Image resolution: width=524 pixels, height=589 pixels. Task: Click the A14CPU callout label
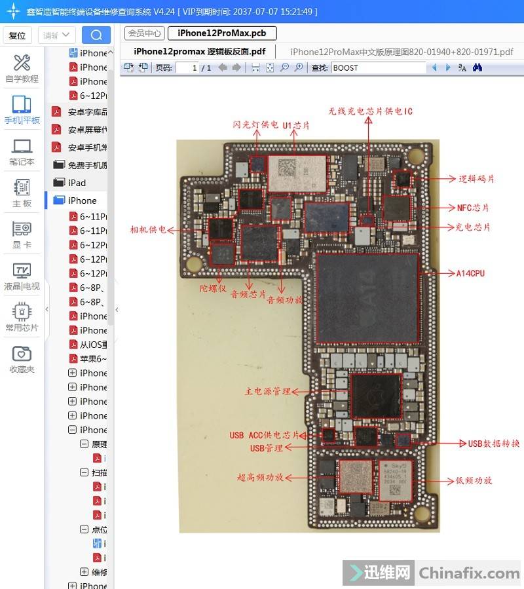[x=470, y=273]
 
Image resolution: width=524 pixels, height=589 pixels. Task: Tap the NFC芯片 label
[x=473, y=208]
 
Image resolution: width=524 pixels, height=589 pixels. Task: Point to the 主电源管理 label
[x=267, y=391]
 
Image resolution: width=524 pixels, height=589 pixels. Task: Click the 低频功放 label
[x=474, y=480]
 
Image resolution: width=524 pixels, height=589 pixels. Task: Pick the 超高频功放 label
[x=260, y=477]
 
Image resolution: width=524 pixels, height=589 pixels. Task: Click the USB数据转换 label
[x=494, y=444]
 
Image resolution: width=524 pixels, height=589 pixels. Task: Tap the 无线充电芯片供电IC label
[x=371, y=111]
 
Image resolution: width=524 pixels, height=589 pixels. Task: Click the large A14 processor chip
[x=367, y=298]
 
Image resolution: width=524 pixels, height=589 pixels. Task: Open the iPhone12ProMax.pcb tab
[x=222, y=33]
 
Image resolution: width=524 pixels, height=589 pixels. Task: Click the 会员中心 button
[x=144, y=33]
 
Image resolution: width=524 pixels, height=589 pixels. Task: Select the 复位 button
[x=17, y=35]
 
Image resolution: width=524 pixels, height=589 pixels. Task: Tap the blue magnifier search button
[x=96, y=35]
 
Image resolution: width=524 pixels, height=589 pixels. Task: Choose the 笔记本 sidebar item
[x=22, y=152]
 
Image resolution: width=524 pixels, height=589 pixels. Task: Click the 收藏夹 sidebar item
[x=22, y=359]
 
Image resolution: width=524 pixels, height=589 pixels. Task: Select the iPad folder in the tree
[x=77, y=183]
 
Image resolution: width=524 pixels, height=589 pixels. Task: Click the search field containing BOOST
[x=378, y=67]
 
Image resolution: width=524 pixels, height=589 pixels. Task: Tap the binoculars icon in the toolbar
[x=477, y=67]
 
